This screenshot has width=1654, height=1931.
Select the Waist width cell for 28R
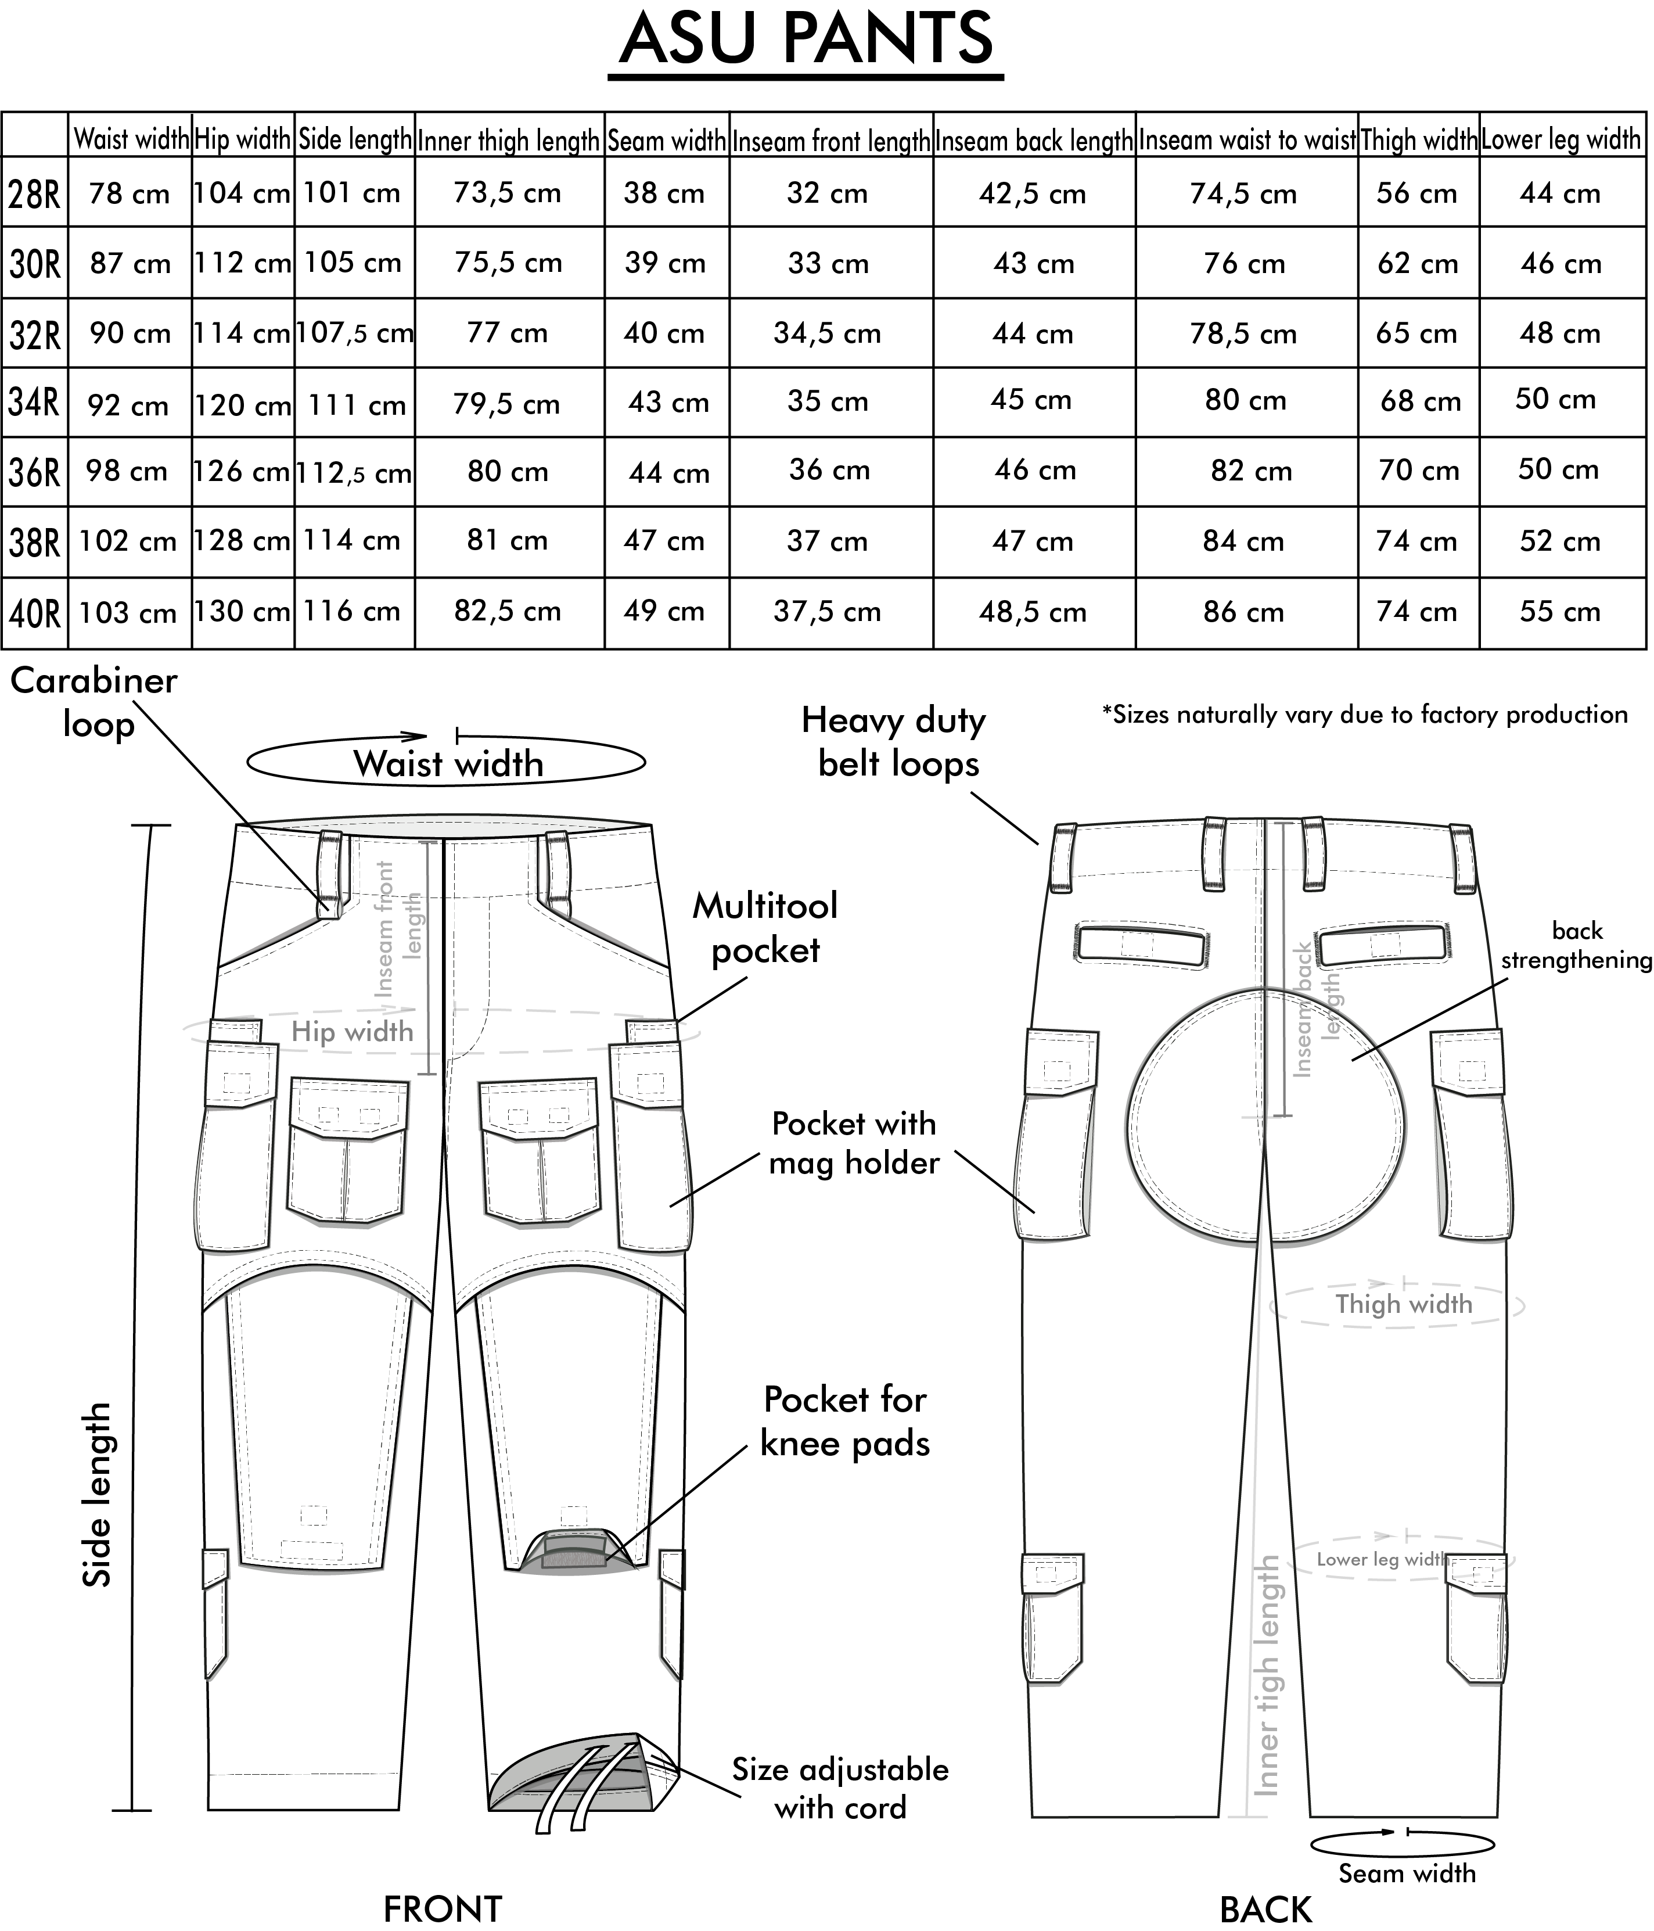(x=130, y=194)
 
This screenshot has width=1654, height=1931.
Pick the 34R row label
(x=34, y=403)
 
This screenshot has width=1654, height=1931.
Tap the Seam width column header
(x=666, y=141)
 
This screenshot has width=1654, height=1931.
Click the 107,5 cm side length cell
(x=354, y=333)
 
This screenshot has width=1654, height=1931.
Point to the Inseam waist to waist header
(x=1246, y=141)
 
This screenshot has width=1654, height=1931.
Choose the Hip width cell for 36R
(x=242, y=472)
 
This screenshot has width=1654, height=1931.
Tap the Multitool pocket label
(x=765, y=927)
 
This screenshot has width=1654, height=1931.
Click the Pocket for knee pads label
(x=845, y=1421)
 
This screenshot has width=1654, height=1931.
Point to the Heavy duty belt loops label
(x=894, y=742)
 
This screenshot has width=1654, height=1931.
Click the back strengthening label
(x=1577, y=945)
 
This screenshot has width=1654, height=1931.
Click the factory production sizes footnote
(x=1365, y=715)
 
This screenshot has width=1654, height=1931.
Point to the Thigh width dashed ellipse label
(x=1403, y=1304)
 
